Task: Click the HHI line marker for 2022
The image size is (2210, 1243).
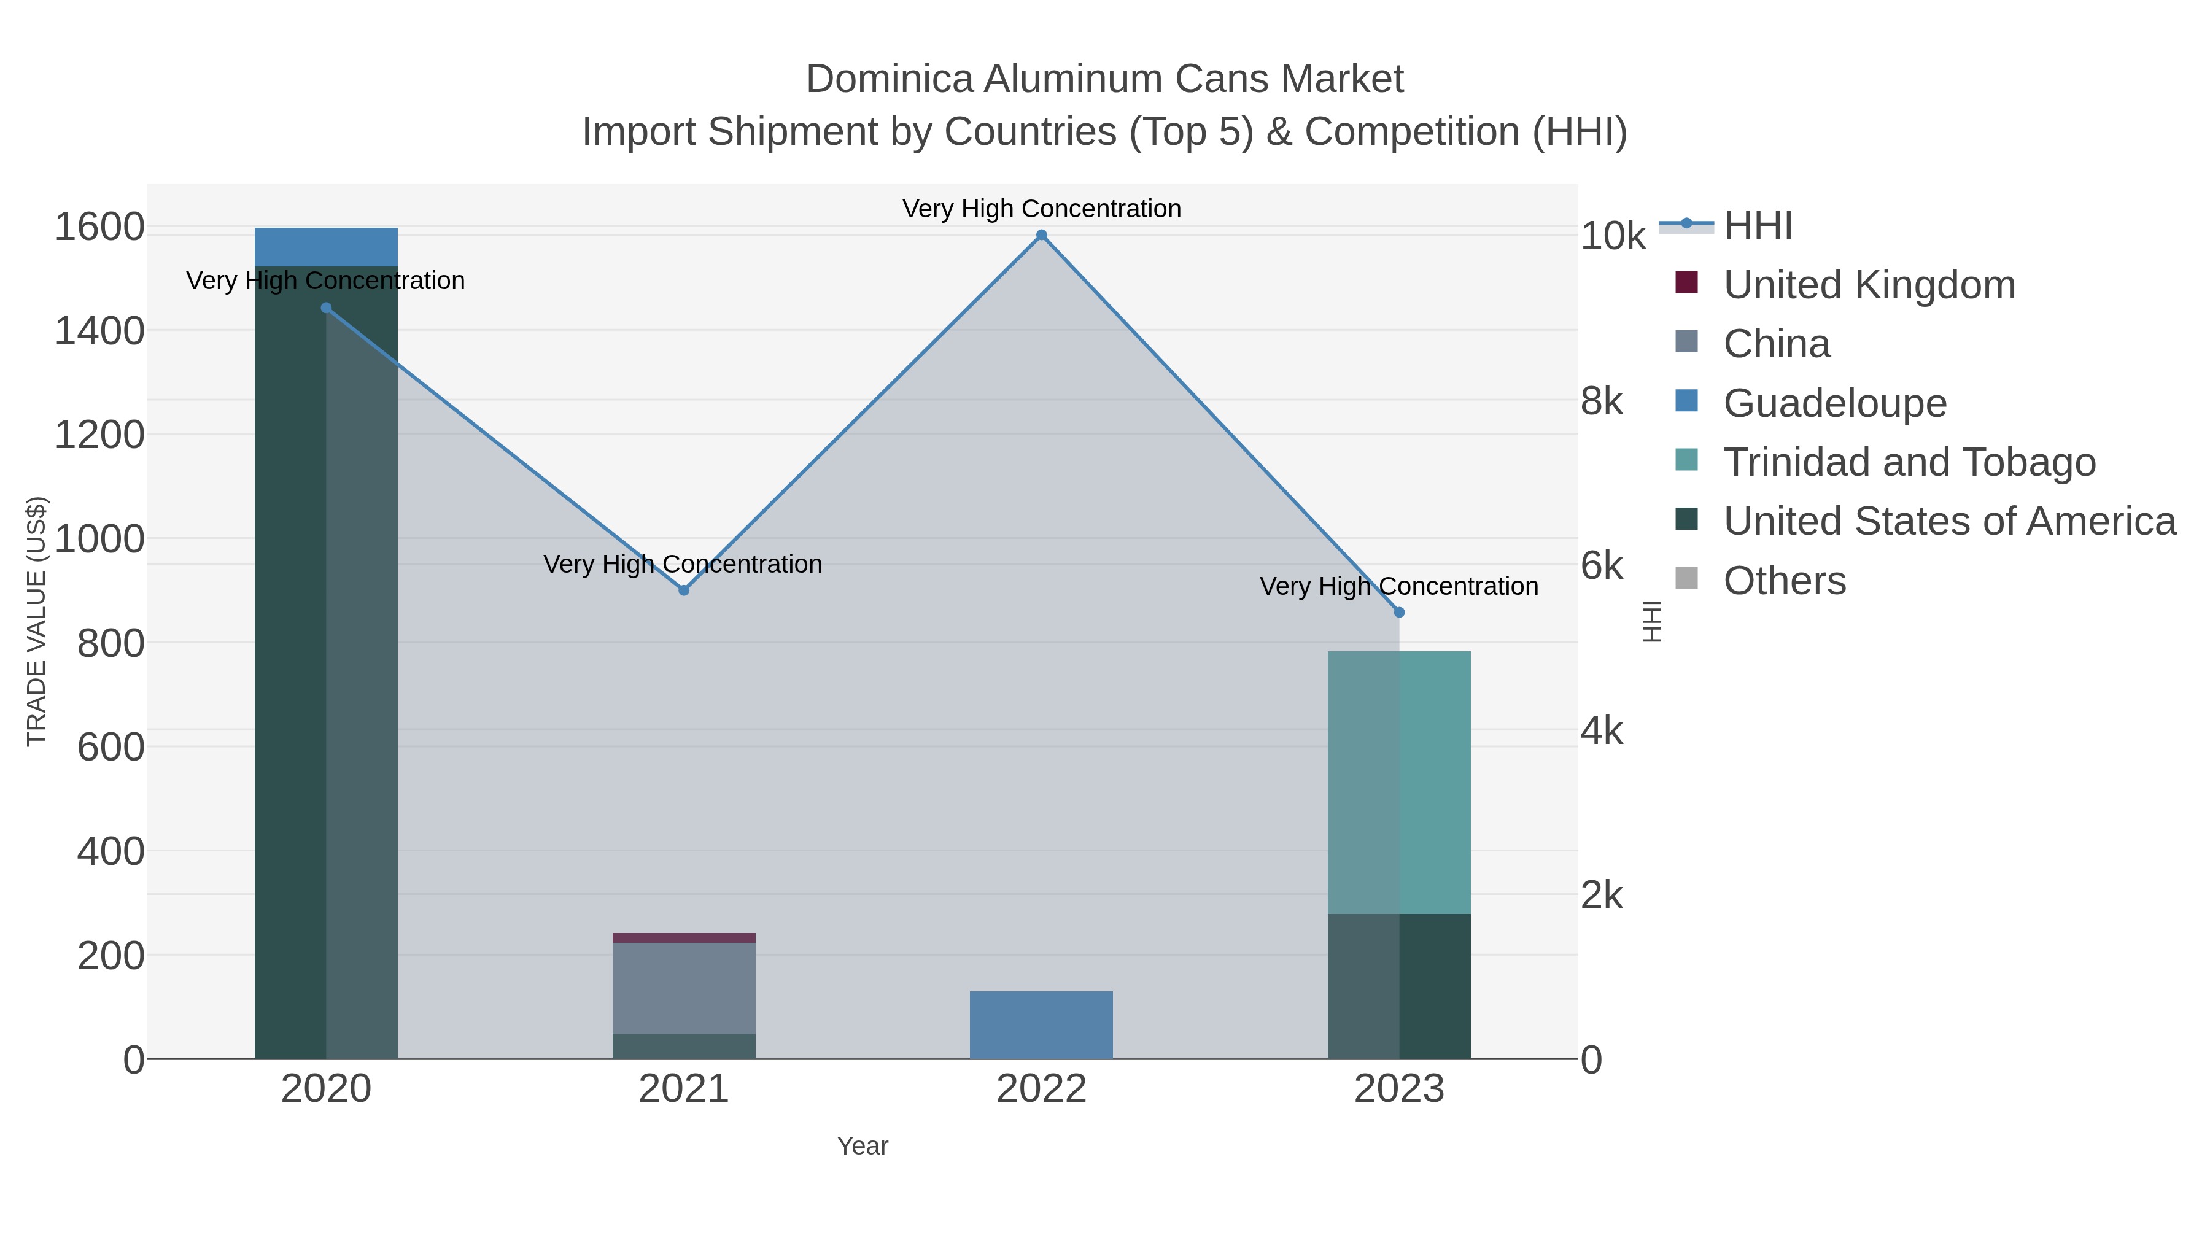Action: click(1042, 235)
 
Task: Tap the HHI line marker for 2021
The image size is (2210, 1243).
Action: click(684, 590)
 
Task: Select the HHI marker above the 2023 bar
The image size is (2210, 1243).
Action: click(1399, 613)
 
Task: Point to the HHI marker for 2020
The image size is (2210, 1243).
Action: click(326, 308)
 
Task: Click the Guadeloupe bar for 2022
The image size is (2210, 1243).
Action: click(1042, 1025)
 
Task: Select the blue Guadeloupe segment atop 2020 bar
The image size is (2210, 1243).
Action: click(326, 247)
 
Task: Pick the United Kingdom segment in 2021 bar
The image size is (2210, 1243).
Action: click(684, 937)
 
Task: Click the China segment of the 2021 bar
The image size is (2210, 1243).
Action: click(684, 988)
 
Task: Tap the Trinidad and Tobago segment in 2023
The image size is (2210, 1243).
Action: click(1399, 783)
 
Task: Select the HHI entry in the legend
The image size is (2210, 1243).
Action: click(1757, 226)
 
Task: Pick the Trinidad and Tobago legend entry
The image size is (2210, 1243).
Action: click(1909, 462)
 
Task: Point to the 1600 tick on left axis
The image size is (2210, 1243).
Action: click(99, 228)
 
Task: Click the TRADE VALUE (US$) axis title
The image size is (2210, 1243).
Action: click(36, 621)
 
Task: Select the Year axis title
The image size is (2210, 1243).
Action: click(863, 1146)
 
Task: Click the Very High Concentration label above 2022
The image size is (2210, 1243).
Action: click(1042, 209)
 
